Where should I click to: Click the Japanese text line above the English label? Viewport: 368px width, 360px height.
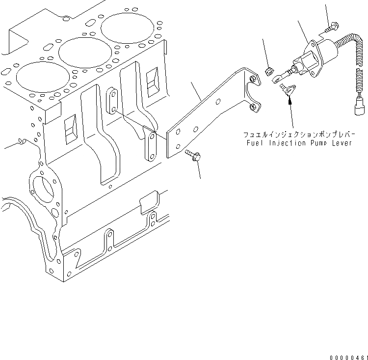pyautogui.click(x=297, y=134)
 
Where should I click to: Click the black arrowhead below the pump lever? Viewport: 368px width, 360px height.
pyautogui.click(x=289, y=101)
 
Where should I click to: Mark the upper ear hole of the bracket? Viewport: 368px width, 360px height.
pyautogui.click(x=253, y=80)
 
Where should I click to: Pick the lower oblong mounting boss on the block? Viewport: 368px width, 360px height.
pyautogui.click(x=151, y=146)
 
